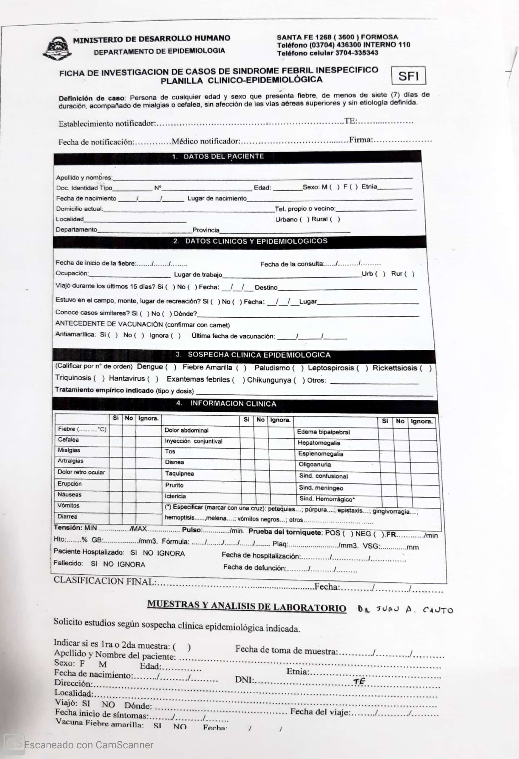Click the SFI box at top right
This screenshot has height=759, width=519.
tap(408, 76)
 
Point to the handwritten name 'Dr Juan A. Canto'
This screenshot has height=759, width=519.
tap(405, 610)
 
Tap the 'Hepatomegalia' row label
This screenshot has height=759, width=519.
tap(319, 443)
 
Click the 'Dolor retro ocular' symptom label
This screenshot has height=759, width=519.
tap(81, 472)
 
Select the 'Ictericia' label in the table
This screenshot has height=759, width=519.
tap(175, 496)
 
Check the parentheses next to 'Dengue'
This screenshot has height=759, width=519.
tap(170, 367)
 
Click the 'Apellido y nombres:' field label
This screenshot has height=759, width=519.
tap(84, 178)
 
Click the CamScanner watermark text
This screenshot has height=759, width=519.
tap(88, 745)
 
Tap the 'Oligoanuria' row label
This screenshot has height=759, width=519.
tap(315, 465)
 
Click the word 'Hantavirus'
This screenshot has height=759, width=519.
tap(127, 378)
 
